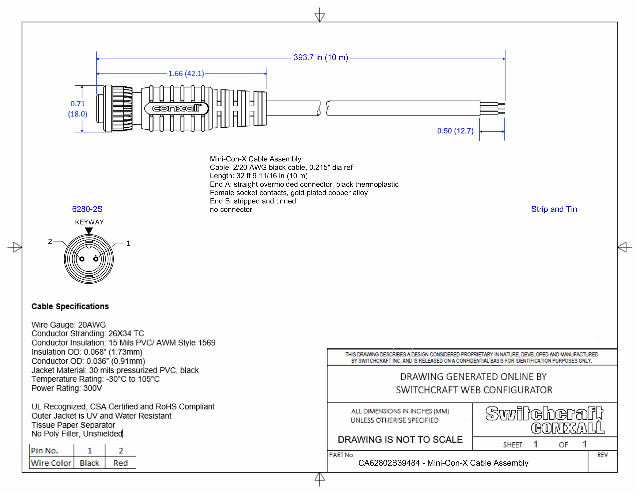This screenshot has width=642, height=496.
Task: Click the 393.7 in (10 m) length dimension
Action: pos(320,58)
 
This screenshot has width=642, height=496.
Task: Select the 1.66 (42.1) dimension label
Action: pos(186,74)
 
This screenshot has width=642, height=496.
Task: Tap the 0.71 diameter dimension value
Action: pos(78,104)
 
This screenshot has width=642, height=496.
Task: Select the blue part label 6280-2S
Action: pos(87,209)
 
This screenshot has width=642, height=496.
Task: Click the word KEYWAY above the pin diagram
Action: pos(89,222)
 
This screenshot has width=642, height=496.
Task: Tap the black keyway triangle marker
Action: pos(89,231)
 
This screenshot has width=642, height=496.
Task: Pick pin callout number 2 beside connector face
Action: pos(50,242)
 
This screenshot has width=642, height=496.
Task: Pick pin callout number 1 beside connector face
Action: pos(128,243)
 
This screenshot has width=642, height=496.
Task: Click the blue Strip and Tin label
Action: pos(554,209)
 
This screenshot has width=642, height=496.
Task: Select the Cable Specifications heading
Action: pos(70,307)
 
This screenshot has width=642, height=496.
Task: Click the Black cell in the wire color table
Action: pos(89,463)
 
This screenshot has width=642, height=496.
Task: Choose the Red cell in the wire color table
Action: pos(121,463)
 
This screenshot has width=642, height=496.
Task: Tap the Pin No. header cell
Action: pos(45,451)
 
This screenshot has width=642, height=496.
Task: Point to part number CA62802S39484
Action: pos(389,463)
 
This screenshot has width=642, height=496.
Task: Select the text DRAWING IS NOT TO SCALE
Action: pos(400,440)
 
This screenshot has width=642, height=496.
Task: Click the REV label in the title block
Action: pos(602,455)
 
